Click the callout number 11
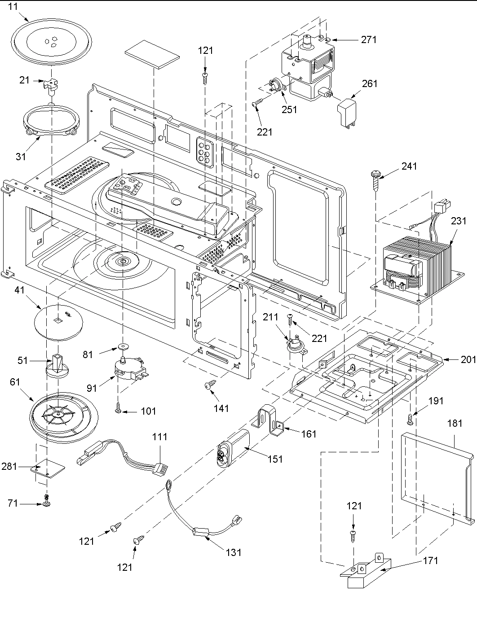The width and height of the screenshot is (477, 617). [13, 7]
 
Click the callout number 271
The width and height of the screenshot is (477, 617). [369, 39]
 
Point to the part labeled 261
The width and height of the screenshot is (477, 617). [347, 113]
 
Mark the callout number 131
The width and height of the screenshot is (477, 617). [234, 552]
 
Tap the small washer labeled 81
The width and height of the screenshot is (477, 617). [122, 347]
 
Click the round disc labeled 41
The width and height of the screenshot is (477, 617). [59, 320]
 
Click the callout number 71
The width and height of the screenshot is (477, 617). [13, 503]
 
